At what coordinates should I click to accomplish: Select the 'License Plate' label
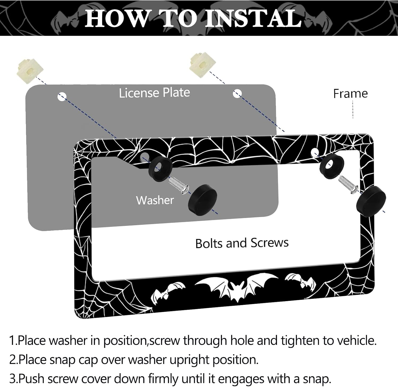[154, 93]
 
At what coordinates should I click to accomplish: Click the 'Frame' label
[351, 94]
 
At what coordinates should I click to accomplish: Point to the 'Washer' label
[155, 200]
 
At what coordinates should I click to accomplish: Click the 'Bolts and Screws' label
[242, 243]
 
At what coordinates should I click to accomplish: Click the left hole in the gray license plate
[62, 97]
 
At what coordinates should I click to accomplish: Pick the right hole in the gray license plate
[237, 93]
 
